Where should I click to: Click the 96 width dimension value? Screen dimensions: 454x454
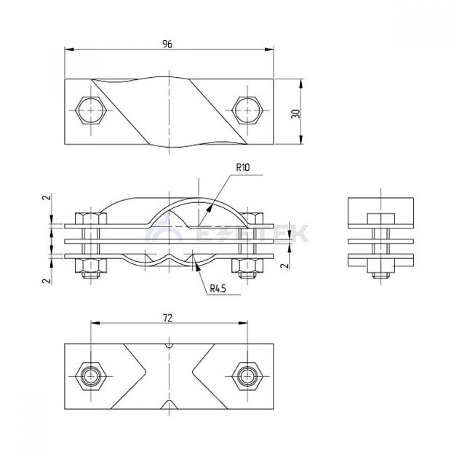(x=168, y=44)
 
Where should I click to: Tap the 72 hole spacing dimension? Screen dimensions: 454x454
(x=168, y=318)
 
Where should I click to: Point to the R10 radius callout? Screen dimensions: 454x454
(x=242, y=167)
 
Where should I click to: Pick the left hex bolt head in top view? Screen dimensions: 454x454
(x=91, y=110)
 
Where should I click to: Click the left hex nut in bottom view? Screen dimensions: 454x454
(x=90, y=375)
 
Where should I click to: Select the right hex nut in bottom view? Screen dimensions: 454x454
(x=246, y=375)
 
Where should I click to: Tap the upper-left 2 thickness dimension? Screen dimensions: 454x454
(x=45, y=197)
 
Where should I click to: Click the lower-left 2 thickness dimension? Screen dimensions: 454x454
(x=45, y=279)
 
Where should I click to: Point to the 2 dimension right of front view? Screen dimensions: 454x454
(x=289, y=265)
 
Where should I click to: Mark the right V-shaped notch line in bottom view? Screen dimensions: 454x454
(x=201, y=375)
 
